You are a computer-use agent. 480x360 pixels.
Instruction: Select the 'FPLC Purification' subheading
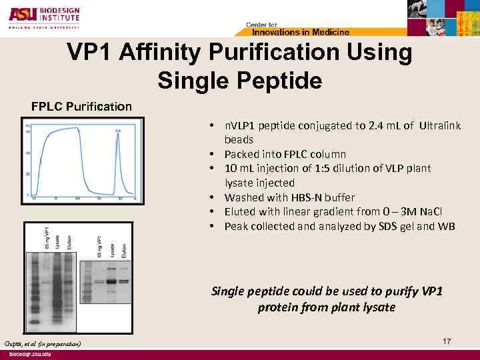[82, 106]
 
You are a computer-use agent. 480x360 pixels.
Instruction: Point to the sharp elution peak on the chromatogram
[117, 137]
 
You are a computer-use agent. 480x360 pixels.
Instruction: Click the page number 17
[447, 341]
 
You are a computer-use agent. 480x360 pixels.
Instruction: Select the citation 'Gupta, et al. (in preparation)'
[41, 343]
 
